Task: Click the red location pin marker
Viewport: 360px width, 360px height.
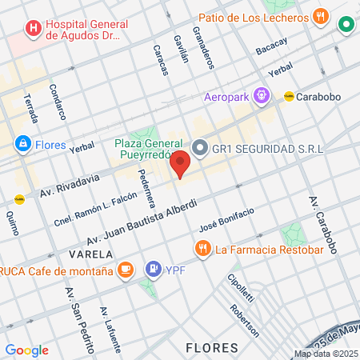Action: [180, 163]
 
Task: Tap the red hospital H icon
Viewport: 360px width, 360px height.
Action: [34, 30]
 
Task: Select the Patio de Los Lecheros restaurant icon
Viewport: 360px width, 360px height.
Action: [321, 16]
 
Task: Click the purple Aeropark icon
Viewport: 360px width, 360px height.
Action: [261, 95]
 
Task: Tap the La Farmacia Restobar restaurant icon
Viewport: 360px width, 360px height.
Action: [202, 248]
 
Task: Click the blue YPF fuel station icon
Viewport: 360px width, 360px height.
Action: [152, 269]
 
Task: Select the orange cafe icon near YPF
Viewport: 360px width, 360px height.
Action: [125, 270]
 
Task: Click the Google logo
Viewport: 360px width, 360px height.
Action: [27, 350]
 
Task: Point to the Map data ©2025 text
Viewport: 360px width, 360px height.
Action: [325, 354]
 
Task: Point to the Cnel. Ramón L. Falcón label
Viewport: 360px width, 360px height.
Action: [92, 210]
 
